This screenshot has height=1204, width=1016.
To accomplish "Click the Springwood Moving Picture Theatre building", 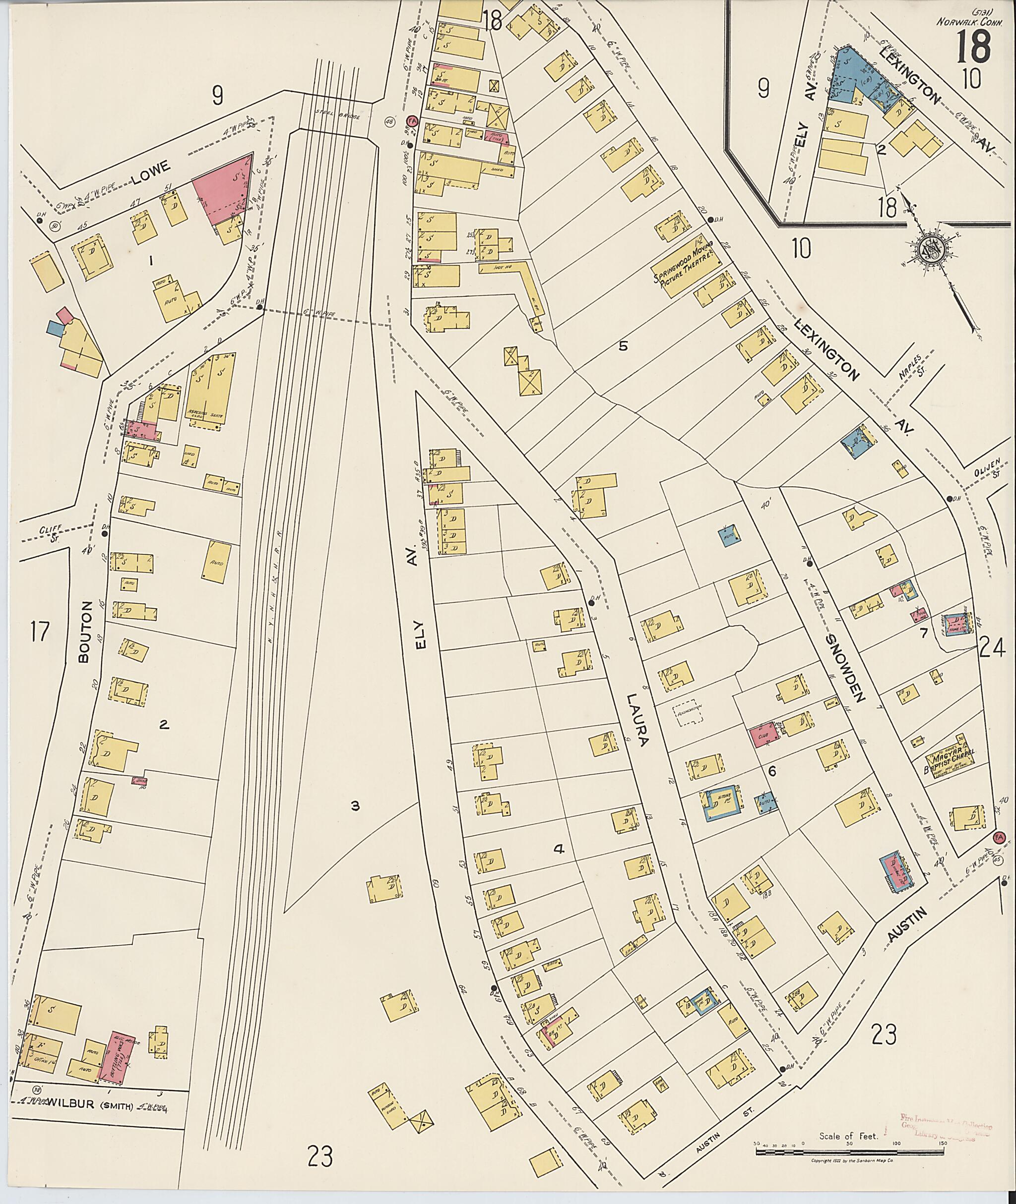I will point(687,271).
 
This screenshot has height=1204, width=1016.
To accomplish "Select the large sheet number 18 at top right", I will point(973,47).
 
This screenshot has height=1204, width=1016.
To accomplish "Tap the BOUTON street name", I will point(86,633).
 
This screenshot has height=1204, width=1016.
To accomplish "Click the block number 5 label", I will point(622,346).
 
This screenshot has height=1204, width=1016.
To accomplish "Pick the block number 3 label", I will point(355,806).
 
